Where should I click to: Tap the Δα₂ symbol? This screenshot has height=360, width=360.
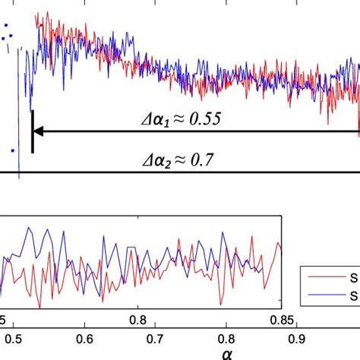click(x=162, y=161)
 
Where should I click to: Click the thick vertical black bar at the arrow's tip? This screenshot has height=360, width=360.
click(x=33, y=131)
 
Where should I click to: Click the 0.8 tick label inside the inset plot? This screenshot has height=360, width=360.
click(x=138, y=314)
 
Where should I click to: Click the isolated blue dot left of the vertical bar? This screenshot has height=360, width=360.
click(x=12, y=150)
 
